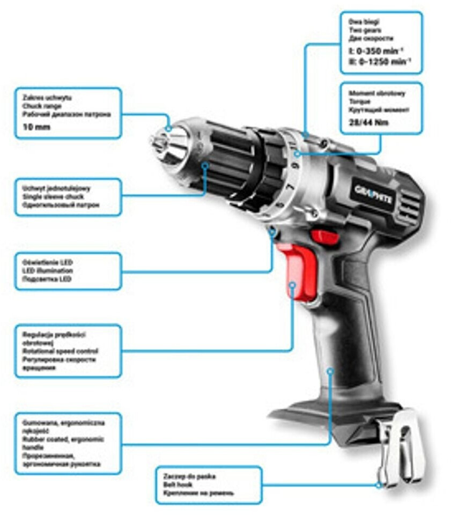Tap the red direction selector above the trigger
[324, 236]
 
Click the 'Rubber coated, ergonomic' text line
[59, 439]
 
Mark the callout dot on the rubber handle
[330, 370]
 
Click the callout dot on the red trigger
[293, 284]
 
